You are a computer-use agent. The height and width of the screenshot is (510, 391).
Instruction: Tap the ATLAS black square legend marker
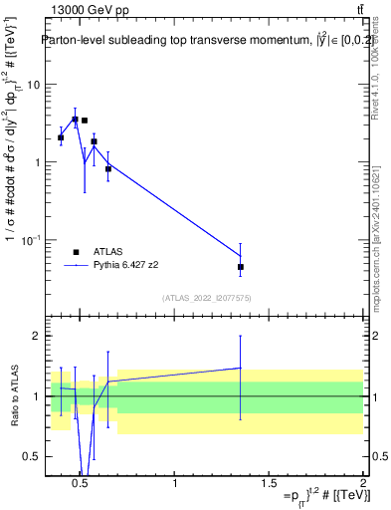tap(75, 252)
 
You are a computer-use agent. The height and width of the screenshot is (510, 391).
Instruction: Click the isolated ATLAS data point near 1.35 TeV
tap(241, 267)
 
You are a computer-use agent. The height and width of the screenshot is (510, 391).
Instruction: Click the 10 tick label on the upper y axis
tap(32, 85)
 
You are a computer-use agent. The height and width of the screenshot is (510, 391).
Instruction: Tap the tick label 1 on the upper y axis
tap(36, 162)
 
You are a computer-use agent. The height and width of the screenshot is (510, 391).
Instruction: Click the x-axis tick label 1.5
tap(269, 485)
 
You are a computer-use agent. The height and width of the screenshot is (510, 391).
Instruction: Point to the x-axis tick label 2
tap(362, 485)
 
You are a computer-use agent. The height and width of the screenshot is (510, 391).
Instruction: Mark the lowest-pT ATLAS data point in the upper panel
tap(61, 138)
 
